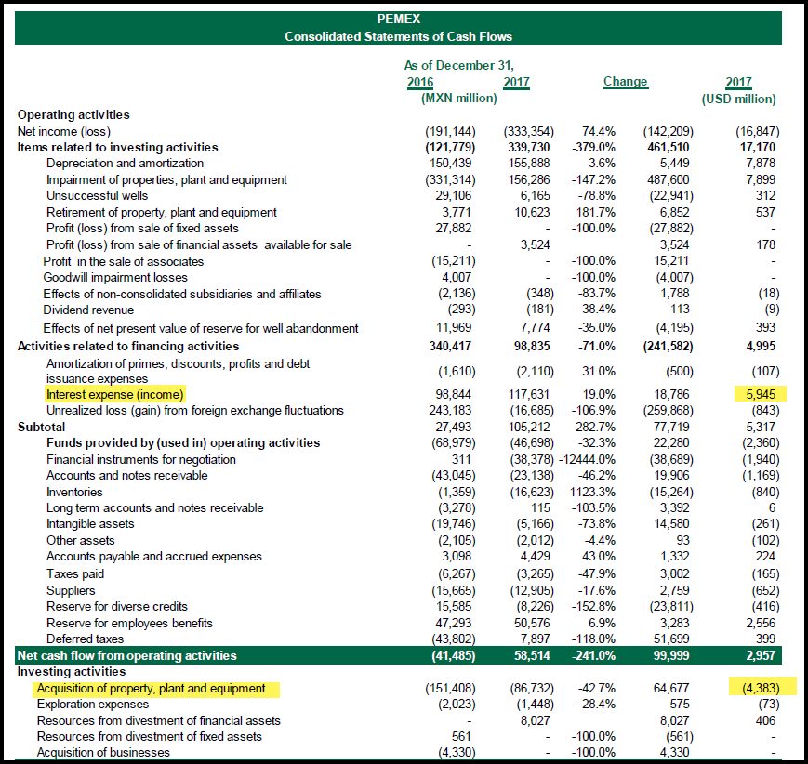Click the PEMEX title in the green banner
pyautogui.click(x=398, y=20)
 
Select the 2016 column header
pyautogui.click(x=420, y=83)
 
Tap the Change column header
pyautogui.click(x=625, y=82)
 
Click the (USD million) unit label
pyautogui.click(x=738, y=99)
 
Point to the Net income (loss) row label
pyautogui.click(x=64, y=131)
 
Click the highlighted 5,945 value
pyautogui.click(x=761, y=394)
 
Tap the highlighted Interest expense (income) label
pyautogui.click(x=115, y=395)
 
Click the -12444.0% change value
pyautogui.click(x=587, y=459)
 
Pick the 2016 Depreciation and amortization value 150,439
pyautogui.click(x=450, y=164)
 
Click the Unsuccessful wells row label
pyautogui.click(x=97, y=196)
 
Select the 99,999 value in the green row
pyautogui.click(x=669, y=655)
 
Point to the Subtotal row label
pyautogui.click(x=41, y=427)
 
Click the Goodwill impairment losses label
pyautogui.click(x=115, y=278)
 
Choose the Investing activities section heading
pyautogui.click(x=71, y=672)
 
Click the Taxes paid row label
pyautogui.click(x=75, y=573)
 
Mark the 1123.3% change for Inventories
pyautogui.click(x=592, y=492)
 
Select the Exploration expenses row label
pyautogui.click(x=93, y=705)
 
